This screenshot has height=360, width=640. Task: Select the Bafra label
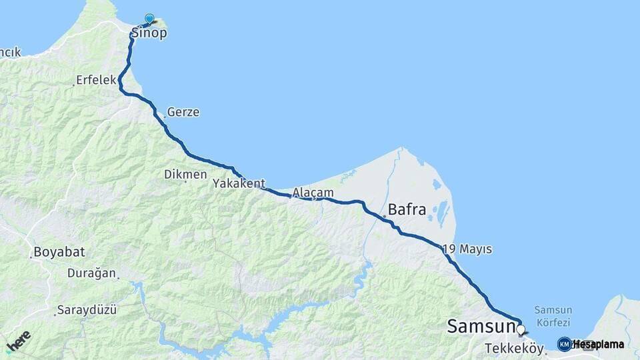[x=407, y=209]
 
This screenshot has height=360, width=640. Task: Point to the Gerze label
[x=183, y=112]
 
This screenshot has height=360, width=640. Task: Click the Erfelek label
[x=96, y=80]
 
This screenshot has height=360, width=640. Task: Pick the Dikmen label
[x=185, y=174]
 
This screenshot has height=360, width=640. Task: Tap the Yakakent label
[x=239, y=183]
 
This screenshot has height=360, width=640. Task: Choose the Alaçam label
[x=313, y=192]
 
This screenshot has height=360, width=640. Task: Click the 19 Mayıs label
[x=467, y=249]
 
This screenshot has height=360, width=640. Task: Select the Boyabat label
[x=58, y=253]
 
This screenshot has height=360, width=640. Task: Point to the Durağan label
[x=92, y=273]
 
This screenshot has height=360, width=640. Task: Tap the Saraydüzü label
[x=87, y=309]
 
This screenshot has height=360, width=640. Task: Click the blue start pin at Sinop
[x=149, y=19]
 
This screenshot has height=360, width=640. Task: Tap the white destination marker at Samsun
[x=520, y=329]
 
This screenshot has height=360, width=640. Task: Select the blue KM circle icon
[x=564, y=344]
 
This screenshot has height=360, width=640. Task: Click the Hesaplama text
[x=599, y=344]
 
